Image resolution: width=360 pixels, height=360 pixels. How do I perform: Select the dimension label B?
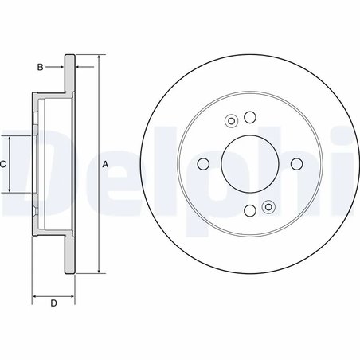[x=40, y=66]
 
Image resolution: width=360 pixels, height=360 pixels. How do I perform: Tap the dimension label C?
[x=4, y=164]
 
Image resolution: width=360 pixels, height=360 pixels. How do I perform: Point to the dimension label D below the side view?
[x=53, y=303]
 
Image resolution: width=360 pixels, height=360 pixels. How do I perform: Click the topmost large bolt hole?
[x=249, y=118]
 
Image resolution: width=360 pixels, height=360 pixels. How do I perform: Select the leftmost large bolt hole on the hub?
[x=203, y=164]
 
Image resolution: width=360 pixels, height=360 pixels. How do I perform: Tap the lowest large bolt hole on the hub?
[x=249, y=210]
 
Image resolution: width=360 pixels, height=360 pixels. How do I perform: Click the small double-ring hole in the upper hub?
[x=232, y=122]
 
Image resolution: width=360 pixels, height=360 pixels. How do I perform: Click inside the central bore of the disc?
[x=249, y=164]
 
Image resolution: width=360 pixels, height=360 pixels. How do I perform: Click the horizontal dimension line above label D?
[x=53, y=295]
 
